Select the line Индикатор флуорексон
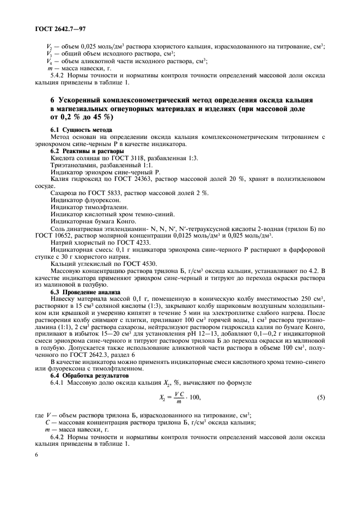(x=78, y=200)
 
